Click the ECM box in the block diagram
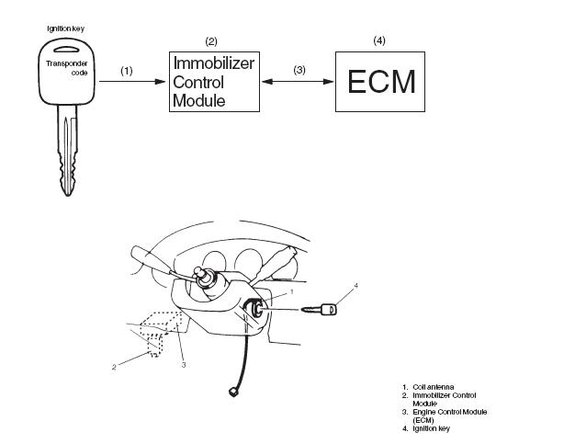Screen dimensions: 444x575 pyautogui.click(x=380, y=82)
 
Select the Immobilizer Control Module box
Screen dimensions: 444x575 pyautogui.click(x=213, y=81)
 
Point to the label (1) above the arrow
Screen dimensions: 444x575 pyautogui.click(x=127, y=70)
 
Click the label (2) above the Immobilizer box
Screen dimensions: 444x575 pyautogui.click(x=211, y=41)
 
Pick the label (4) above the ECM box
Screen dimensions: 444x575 pyautogui.click(x=379, y=40)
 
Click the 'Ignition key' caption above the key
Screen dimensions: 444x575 pyautogui.click(x=66, y=28)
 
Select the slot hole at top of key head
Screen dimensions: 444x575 pyautogui.click(x=66, y=51)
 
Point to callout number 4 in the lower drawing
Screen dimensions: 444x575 pyautogui.click(x=356, y=286)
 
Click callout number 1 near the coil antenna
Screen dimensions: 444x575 pyautogui.click(x=291, y=291)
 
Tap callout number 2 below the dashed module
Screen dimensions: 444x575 pyautogui.click(x=115, y=367)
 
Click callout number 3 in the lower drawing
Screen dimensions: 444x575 pyautogui.click(x=184, y=365)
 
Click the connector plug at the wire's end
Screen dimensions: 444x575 pyautogui.click(x=229, y=394)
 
